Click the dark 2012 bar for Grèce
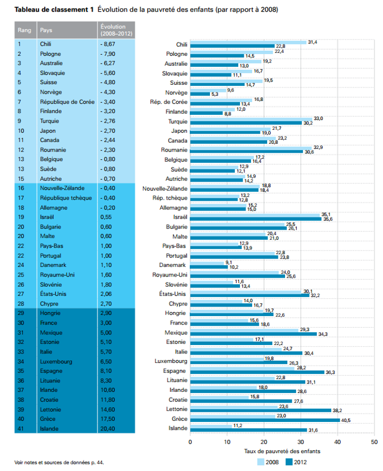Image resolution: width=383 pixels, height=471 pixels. pos(265,420)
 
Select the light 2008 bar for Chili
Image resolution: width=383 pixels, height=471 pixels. pos(248,42)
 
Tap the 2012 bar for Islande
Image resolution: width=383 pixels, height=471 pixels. pos(248,430)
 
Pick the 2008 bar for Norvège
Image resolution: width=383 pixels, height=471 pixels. pos(208,90)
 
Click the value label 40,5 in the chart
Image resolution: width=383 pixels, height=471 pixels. pos(346,420)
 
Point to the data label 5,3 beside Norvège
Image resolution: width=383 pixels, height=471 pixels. pos(215,94)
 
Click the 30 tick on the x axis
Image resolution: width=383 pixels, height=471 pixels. pos(301,442)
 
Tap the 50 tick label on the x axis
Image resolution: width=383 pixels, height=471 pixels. pos(374,442)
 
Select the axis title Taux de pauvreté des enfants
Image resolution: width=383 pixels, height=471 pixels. pos(282,451)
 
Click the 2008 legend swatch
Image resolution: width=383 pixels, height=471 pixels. pos(261,462)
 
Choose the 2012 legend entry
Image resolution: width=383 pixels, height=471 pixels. pos(296,462)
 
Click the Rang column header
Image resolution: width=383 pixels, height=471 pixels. pos(24,30)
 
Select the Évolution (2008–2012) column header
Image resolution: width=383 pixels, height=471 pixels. pos(116,30)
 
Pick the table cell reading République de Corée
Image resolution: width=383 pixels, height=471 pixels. pos(67,102)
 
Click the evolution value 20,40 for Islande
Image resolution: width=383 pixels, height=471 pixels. pos(107,429)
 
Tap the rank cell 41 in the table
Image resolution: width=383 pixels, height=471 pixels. pos(21,429)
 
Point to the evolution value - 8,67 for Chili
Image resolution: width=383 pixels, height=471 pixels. pos(107,44)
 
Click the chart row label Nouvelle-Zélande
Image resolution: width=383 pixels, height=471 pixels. pos(165,188)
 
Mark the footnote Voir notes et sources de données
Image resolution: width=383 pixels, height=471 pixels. pos(59,463)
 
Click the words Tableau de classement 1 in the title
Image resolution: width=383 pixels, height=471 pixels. pos(54,9)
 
